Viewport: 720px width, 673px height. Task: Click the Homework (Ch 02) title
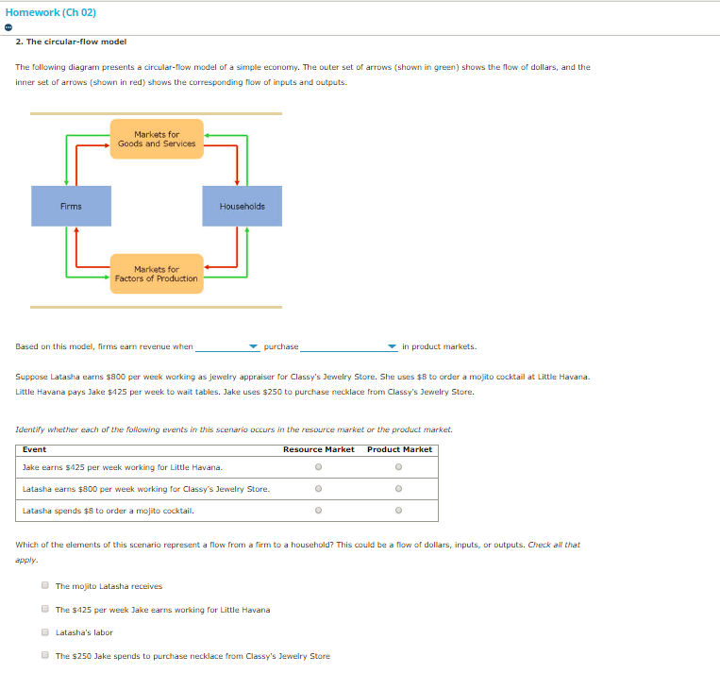pyautogui.click(x=51, y=12)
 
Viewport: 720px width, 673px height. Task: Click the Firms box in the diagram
pyautogui.click(x=71, y=206)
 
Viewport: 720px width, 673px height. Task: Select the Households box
pyautogui.click(x=243, y=206)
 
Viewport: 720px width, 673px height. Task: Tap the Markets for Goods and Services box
pyautogui.click(x=157, y=140)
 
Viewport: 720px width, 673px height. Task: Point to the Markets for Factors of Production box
pyautogui.click(x=157, y=274)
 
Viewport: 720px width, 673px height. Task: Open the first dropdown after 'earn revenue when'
pyautogui.click(x=227, y=346)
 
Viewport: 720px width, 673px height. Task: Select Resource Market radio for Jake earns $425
pyautogui.click(x=319, y=467)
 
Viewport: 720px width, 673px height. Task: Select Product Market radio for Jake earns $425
pyautogui.click(x=399, y=467)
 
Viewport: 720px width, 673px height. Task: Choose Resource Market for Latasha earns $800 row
pyautogui.click(x=319, y=489)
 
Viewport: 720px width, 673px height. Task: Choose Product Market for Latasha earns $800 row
pyautogui.click(x=399, y=489)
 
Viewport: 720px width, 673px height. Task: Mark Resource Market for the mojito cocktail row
pyautogui.click(x=319, y=511)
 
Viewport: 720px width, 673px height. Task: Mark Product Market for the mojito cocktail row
pyautogui.click(x=399, y=511)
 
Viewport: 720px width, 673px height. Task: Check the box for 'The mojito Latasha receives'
pyautogui.click(x=44, y=586)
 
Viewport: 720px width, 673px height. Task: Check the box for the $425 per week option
pyautogui.click(x=44, y=610)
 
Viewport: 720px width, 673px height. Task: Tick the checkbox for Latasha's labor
pyautogui.click(x=44, y=632)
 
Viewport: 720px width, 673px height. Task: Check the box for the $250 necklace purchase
pyautogui.click(x=44, y=656)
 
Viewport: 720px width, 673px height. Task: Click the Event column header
pyautogui.click(x=34, y=449)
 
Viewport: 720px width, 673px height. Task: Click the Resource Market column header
pyautogui.click(x=319, y=449)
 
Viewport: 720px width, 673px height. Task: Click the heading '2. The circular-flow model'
pyautogui.click(x=71, y=42)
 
